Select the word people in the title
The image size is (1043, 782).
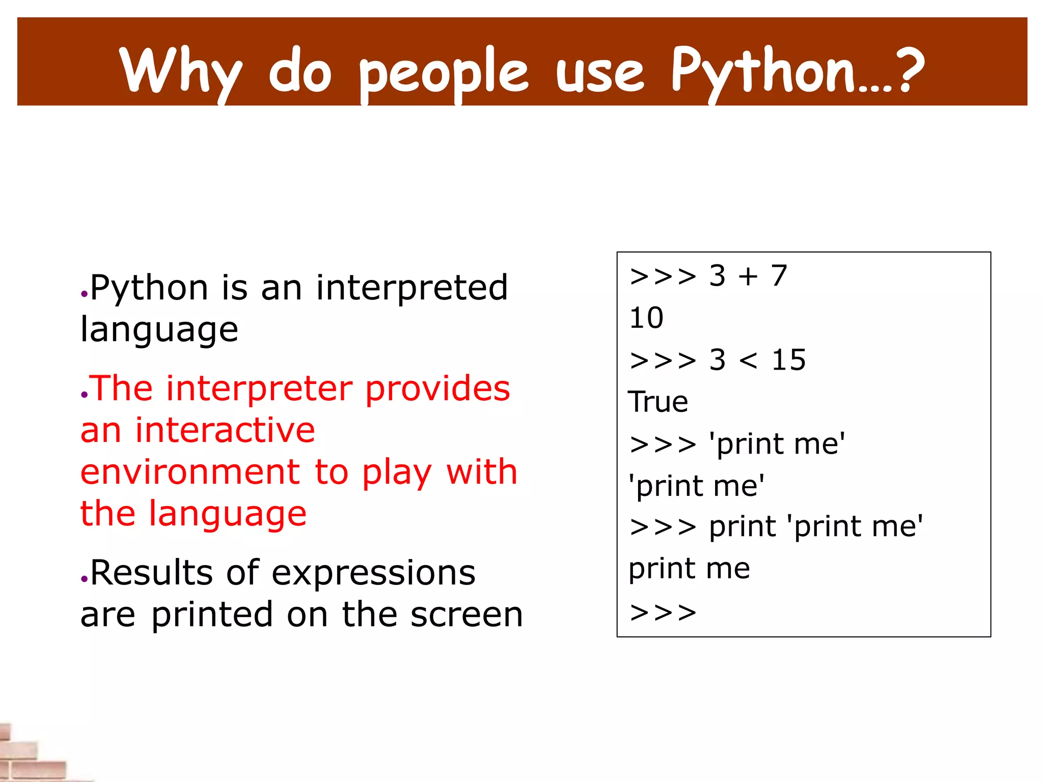pyautogui.click(x=444, y=74)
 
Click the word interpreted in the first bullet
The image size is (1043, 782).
pyautogui.click(x=411, y=288)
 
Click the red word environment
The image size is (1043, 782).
pyautogui.click(x=190, y=472)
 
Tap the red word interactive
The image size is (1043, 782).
pyautogui.click(x=225, y=430)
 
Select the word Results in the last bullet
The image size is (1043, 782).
pyautogui.click(x=151, y=573)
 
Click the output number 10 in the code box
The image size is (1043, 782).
pyautogui.click(x=646, y=318)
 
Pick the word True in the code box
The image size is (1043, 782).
pyautogui.click(x=658, y=402)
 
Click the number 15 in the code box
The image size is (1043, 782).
pyautogui.click(x=788, y=360)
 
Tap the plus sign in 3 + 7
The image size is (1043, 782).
pyautogui.click(x=748, y=276)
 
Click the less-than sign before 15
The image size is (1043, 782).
pyautogui.click(x=748, y=360)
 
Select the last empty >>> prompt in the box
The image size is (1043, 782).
pyautogui.click(x=663, y=612)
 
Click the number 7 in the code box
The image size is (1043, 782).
pyautogui.click(x=779, y=276)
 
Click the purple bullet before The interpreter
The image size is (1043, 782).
pyautogui.click(x=85, y=395)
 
